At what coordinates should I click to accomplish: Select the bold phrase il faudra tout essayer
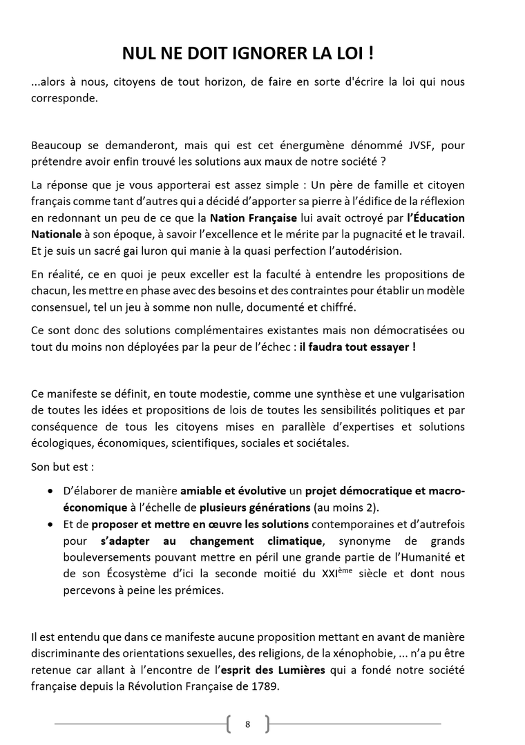(357, 347)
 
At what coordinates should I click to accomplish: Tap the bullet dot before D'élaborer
(50, 492)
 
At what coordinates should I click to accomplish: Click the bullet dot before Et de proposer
(50, 525)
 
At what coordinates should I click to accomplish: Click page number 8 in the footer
(247, 724)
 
